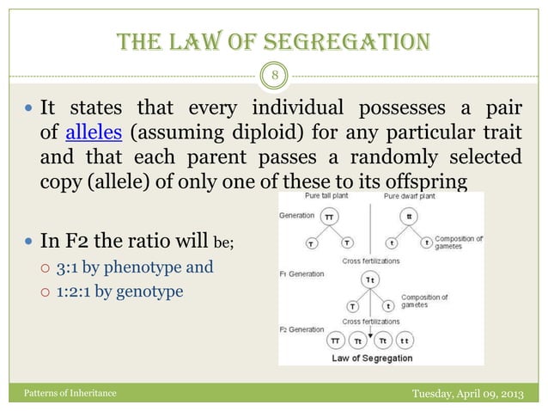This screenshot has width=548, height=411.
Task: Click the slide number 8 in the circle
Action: pyautogui.click(x=274, y=74)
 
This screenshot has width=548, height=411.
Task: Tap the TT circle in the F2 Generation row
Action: pyautogui.click(x=338, y=341)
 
